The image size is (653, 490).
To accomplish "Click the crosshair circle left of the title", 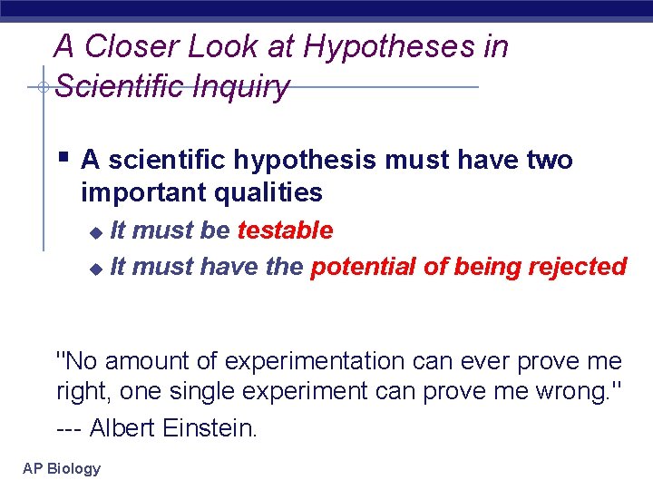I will (43, 87).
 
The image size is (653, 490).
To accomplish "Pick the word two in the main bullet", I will (550, 161).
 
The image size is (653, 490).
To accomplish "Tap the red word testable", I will (285, 230).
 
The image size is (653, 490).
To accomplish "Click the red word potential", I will (359, 267).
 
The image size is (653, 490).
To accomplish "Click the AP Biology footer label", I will (62, 468).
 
